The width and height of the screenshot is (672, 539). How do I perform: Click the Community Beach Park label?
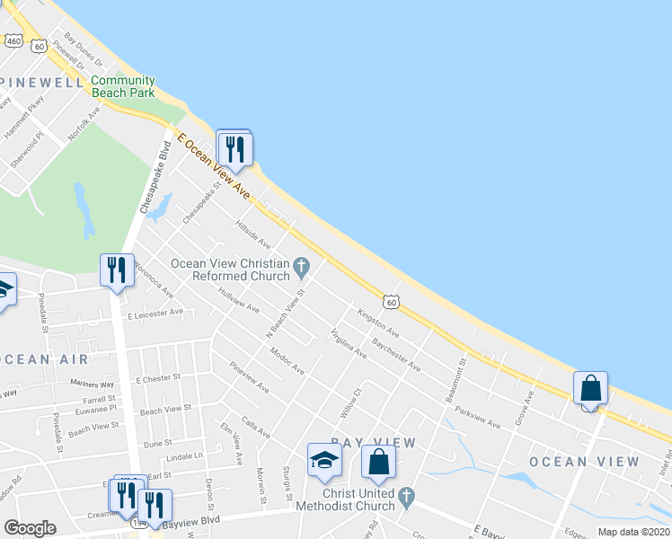point(123,86)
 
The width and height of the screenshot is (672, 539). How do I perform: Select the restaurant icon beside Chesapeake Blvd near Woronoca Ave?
point(117,270)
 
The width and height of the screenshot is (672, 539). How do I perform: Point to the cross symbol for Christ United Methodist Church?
point(406,495)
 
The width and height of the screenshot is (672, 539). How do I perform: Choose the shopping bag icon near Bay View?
point(379,462)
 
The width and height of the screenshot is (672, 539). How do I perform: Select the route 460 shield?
point(13,40)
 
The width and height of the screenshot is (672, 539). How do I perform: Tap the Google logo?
point(30,528)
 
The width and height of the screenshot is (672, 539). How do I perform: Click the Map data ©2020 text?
point(633,532)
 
